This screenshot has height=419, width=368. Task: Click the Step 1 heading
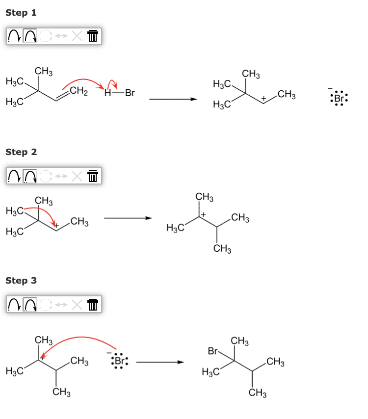pyautogui.click(x=21, y=13)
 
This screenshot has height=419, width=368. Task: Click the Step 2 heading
pyautogui.click(x=21, y=152)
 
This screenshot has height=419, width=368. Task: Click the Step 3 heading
pyautogui.click(x=21, y=281)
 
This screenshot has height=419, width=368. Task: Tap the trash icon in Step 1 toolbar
pyautogui.click(x=92, y=36)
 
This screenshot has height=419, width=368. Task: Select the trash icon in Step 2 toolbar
pyautogui.click(x=92, y=175)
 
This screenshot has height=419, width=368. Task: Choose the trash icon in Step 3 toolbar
pyautogui.click(x=92, y=305)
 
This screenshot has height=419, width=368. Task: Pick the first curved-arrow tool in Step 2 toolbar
pyautogui.click(x=14, y=175)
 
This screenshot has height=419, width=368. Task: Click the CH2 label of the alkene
pyautogui.click(x=79, y=91)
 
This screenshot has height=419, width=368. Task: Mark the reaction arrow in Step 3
pyautogui.click(x=159, y=363)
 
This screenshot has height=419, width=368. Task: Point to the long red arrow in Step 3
pyautogui.click(x=79, y=339)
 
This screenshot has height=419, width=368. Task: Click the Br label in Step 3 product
pyautogui.click(x=213, y=351)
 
